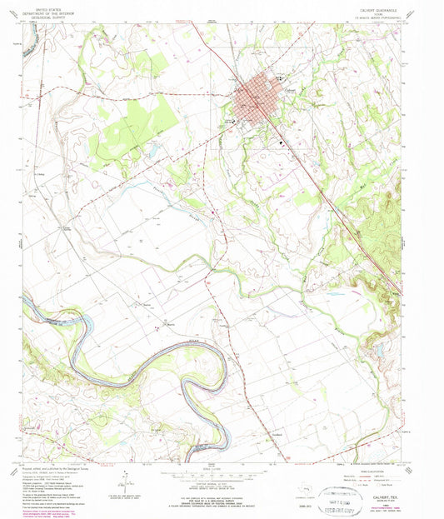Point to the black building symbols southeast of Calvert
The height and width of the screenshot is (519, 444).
282,142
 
